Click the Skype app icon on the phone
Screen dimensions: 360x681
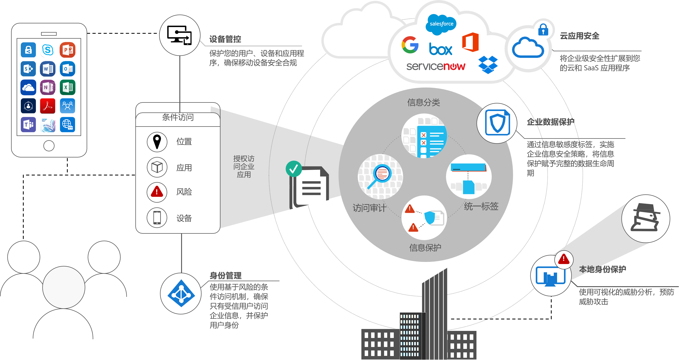[48, 50]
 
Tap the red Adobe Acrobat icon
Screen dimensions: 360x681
[48, 106]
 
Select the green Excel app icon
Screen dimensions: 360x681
[67, 87]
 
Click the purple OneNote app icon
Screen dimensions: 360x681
[48, 87]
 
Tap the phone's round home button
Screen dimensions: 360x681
[49, 146]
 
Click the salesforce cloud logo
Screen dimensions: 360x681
[441, 24]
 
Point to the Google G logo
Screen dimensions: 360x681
[410, 45]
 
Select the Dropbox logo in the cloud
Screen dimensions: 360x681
[488, 64]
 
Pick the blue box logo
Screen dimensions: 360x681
[440, 49]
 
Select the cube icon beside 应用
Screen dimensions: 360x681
[157, 167]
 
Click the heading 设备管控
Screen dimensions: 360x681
[225, 39]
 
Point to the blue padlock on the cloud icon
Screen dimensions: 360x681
[543, 29]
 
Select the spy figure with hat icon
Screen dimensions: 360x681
[645, 218]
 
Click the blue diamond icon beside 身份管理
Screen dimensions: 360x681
[181, 293]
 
